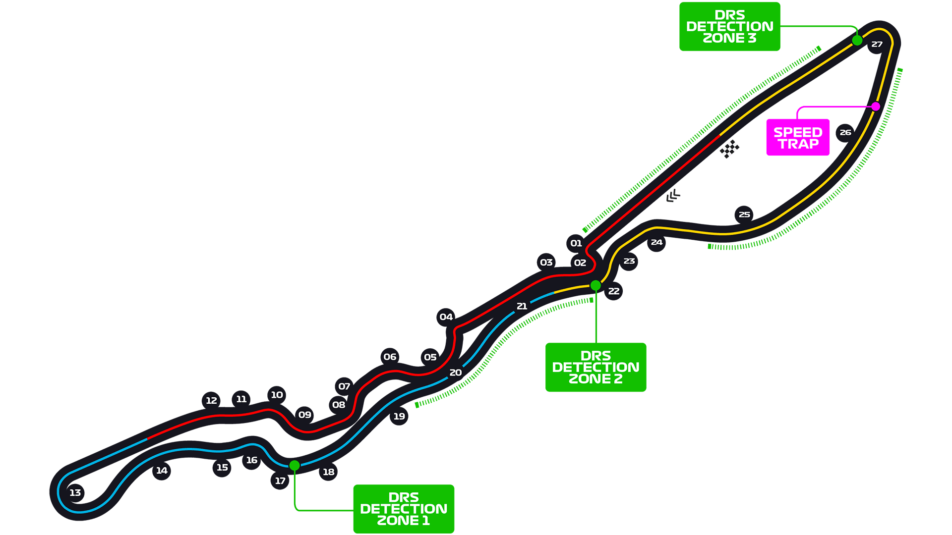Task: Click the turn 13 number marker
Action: click(x=75, y=492)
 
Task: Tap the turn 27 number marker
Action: click(x=877, y=44)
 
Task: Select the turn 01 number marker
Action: click(x=576, y=243)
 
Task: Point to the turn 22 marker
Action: click(x=614, y=291)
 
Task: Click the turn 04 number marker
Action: click(x=446, y=317)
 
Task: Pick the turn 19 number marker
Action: click(x=399, y=417)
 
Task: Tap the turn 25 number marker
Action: click(x=744, y=214)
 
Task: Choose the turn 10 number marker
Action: click(x=277, y=395)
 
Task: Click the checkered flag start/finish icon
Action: click(x=729, y=149)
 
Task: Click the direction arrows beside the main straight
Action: click(x=673, y=196)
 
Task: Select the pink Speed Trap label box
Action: click(x=798, y=138)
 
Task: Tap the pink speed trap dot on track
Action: click(x=876, y=107)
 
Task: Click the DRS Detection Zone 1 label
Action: click(x=404, y=509)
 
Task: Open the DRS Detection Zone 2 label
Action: click(x=595, y=367)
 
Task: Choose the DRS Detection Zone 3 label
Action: click(x=729, y=26)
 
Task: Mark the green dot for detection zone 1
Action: click(x=295, y=465)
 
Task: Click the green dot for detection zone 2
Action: click(x=595, y=285)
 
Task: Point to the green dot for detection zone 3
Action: click(x=857, y=40)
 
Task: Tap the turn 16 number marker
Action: click(x=251, y=460)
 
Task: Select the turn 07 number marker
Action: click(x=344, y=386)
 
